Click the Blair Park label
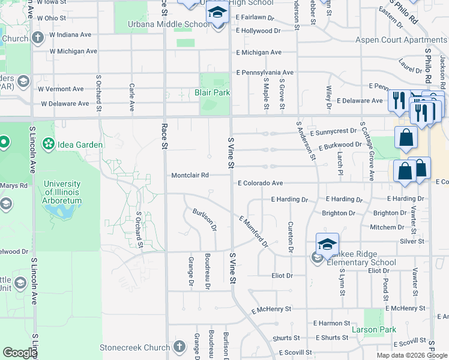[212, 93]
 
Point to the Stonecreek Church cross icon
[179, 347]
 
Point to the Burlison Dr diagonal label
[204, 220]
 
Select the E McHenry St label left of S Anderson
[271, 310]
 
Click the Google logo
[20, 353]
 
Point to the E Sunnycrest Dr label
[333, 131]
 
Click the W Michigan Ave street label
[73, 51]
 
